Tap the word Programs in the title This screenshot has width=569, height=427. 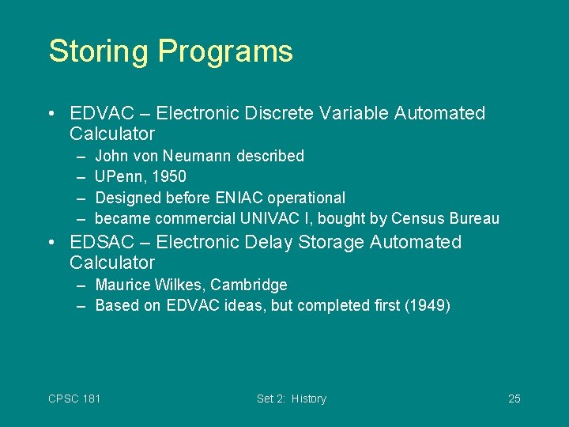[225, 52]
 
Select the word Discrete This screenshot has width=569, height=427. [281, 113]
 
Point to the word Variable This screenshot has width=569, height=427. [354, 113]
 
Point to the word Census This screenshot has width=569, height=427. [417, 217]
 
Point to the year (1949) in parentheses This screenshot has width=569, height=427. [427, 305]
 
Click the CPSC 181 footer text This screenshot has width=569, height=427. [74, 399]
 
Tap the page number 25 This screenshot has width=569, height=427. [514, 399]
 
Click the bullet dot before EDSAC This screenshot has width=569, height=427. [51, 242]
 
